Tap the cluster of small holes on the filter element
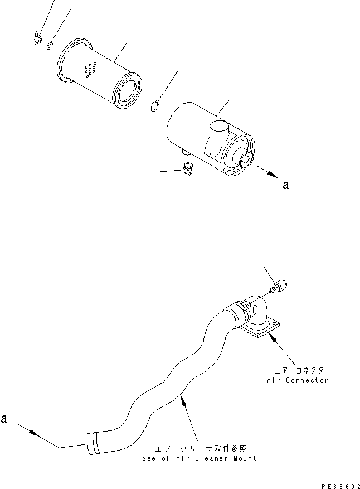tap(89, 70)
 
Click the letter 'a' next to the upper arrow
tap(285, 186)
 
